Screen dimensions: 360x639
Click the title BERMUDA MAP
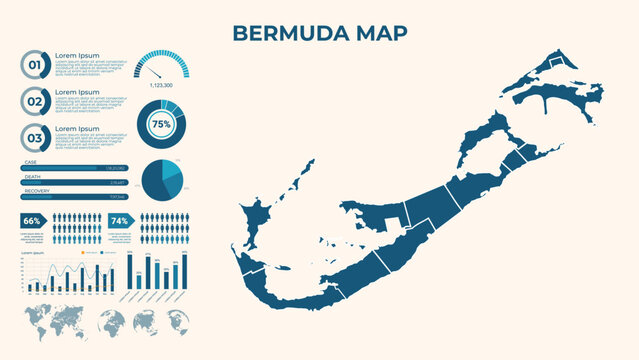(x=319, y=33)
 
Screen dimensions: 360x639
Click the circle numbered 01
(x=35, y=66)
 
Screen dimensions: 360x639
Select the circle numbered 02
(x=35, y=101)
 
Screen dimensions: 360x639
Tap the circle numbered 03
(x=35, y=137)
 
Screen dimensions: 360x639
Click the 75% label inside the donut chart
(x=160, y=124)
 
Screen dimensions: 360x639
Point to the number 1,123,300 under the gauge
(x=161, y=85)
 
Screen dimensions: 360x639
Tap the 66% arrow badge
(x=33, y=220)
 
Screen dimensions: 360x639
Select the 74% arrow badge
(x=120, y=220)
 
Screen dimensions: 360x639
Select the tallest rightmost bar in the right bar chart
(x=183, y=270)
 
